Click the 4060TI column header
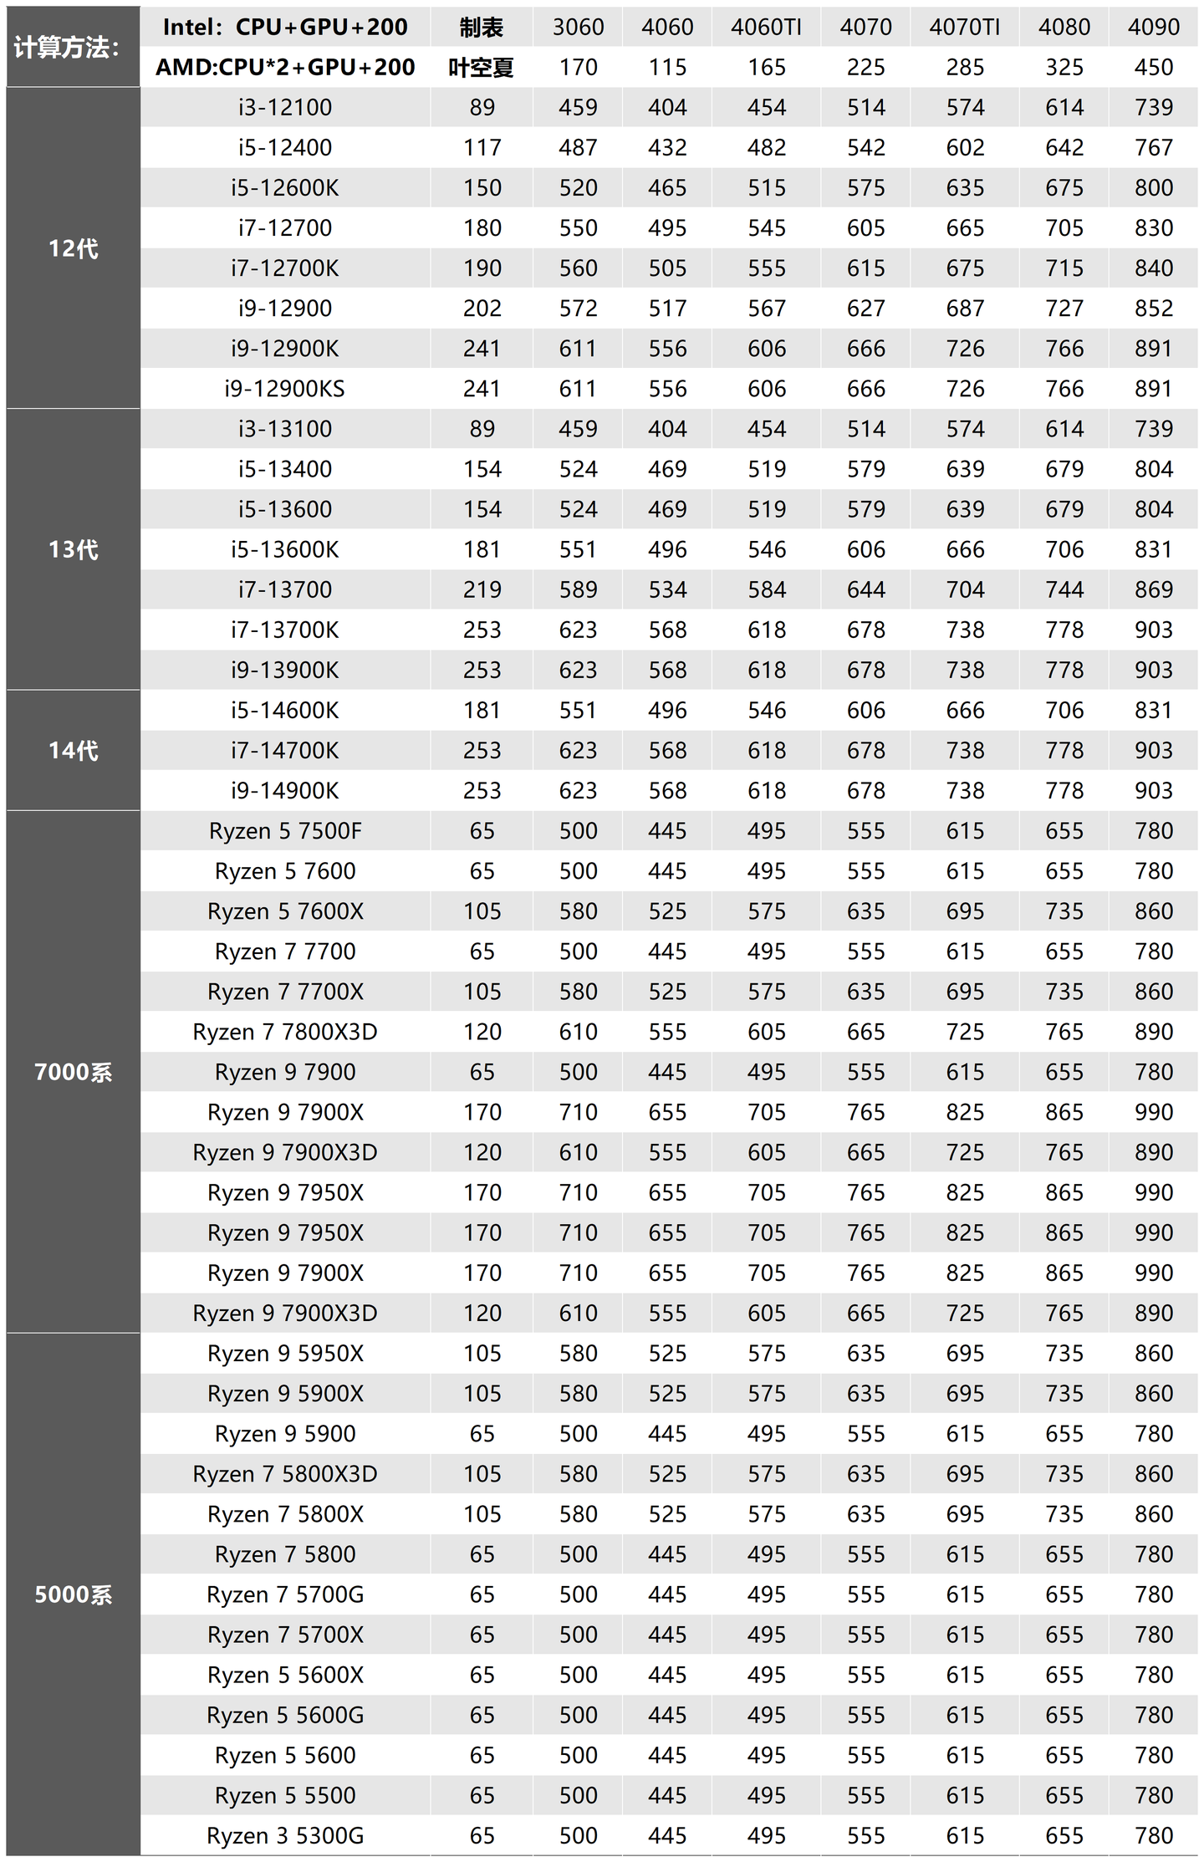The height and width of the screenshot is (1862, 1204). [x=766, y=27]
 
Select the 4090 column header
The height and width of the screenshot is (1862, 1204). [x=1153, y=27]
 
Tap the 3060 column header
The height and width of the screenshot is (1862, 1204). [x=578, y=27]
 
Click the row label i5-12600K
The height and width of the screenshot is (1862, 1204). [x=285, y=187]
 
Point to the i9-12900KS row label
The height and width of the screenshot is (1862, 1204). [x=285, y=389]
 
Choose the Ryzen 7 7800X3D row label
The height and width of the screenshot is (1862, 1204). [x=285, y=1032]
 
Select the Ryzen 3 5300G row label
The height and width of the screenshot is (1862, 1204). [x=285, y=1835]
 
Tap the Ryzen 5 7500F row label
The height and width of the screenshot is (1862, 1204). [x=285, y=831]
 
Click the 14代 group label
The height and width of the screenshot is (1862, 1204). [x=74, y=750]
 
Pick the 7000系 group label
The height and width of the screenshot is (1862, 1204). [x=74, y=1072]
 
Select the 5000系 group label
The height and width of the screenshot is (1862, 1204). [x=74, y=1594]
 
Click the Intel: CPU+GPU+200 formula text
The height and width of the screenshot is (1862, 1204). [x=285, y=27]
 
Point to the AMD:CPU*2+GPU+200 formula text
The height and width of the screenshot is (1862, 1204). [x=285, y=67]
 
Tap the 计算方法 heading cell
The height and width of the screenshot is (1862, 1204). [x=67, y=47]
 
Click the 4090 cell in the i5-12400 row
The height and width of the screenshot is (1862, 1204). [x=1153, y=147]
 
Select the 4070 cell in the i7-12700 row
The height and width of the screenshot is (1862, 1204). [x=865, y=227]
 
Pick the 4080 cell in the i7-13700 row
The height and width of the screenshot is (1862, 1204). [x=1064, y=589]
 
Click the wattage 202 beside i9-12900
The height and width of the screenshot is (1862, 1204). [x=482, y=309]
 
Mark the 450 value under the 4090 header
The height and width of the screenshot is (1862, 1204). [x=1153, y=67]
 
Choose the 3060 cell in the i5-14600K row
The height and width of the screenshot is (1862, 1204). [x=578, y=710]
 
